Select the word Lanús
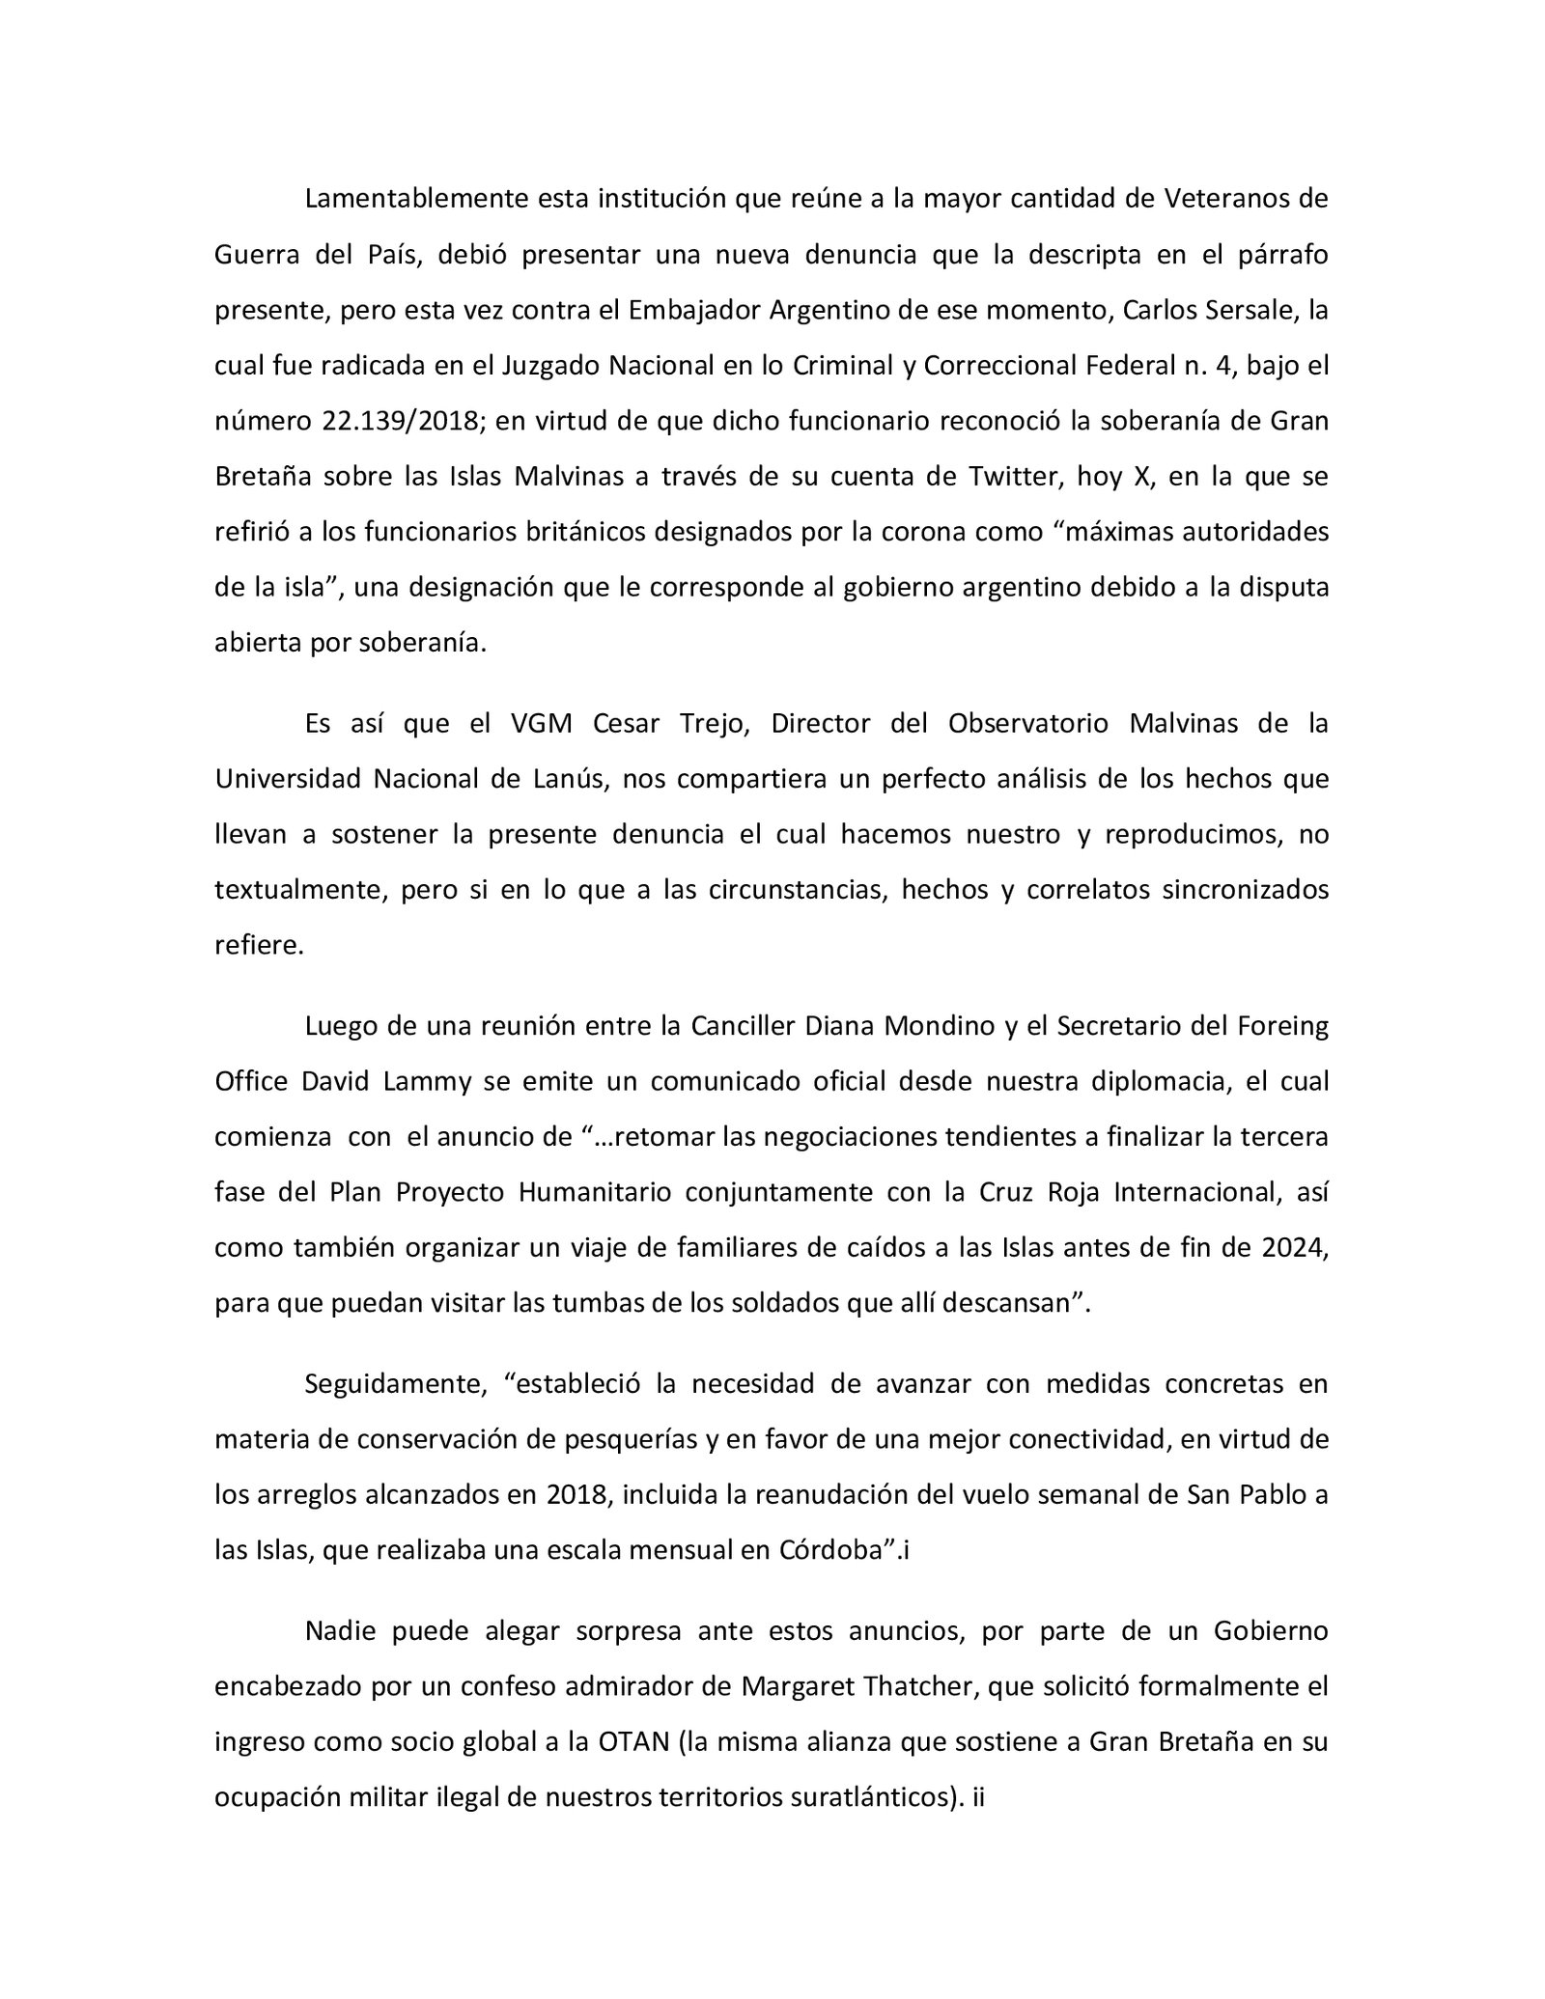click(574, 779)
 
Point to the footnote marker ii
click(976, 1798)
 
